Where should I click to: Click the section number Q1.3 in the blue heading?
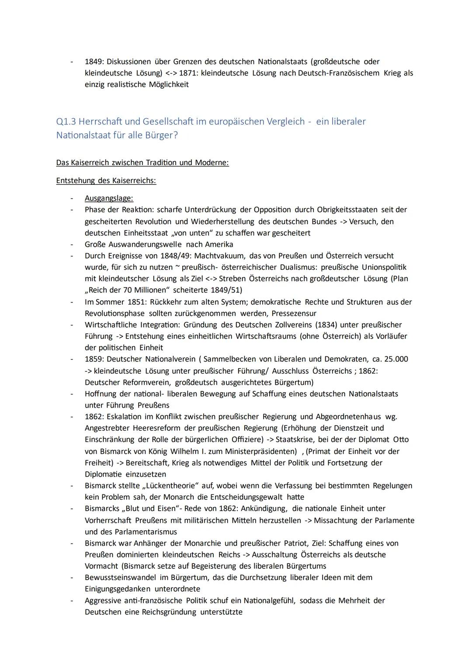click(x=66, y=121)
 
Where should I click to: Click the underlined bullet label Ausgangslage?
click(x=109, y=198)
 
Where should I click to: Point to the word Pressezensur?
click(x=294, y=313)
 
